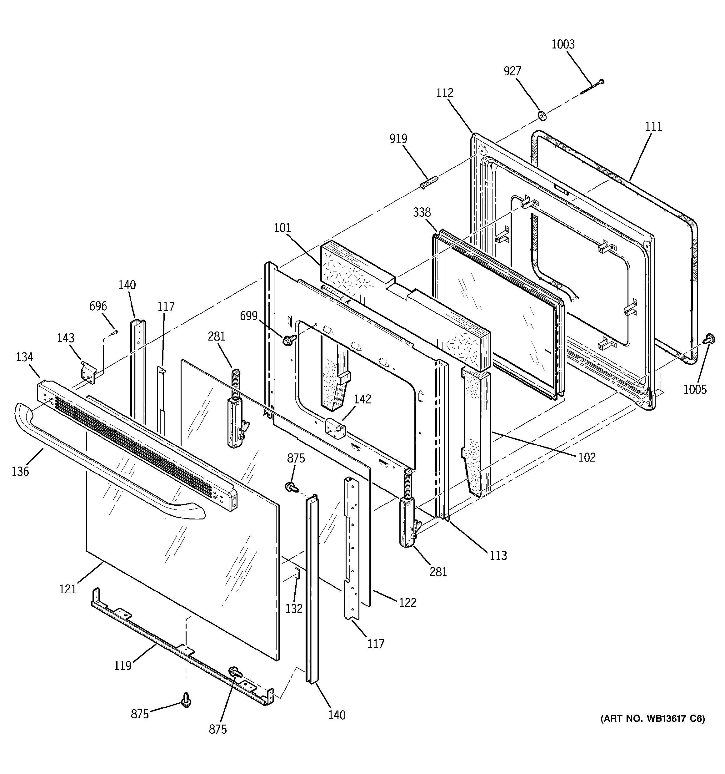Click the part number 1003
click(563, 44)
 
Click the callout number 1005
click(695, 389)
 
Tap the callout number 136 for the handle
click(20, 472)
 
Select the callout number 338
click(422, 212)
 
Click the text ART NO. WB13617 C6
click(652, 719)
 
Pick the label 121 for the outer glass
click(68, 589)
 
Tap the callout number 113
click(498, 555)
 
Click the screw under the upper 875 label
click(290, 486)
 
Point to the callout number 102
click(587, 457)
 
